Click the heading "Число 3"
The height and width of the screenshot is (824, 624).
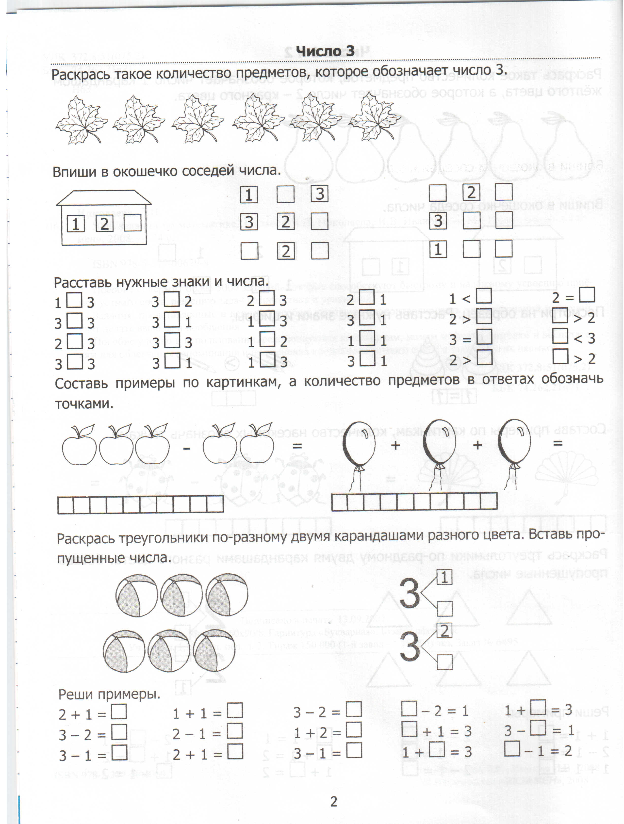(x=325, y=51)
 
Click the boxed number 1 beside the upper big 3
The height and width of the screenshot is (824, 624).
(x=444, y=577)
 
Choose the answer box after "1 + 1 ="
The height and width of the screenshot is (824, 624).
(x=235, y=710)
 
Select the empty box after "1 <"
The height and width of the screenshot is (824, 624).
(x=484, y=296)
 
